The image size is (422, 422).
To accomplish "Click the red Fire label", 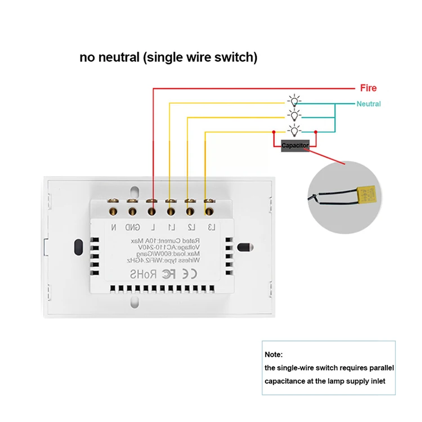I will tap(368, 88).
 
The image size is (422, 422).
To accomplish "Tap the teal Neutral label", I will tap(369, 104).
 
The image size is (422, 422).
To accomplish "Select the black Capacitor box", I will tap(295, 145).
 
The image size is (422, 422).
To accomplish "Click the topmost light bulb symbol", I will tap(294, 101).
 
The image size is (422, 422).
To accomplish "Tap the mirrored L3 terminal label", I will tap(209, 227).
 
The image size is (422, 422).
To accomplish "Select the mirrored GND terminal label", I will tap(133, 227).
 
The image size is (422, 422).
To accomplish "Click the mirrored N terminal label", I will tap(114, 227).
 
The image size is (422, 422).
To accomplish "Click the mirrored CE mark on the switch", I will tap(190, 275).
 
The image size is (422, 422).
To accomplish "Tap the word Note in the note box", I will tap(273, 355).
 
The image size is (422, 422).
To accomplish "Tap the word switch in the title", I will tap(237, 57).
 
